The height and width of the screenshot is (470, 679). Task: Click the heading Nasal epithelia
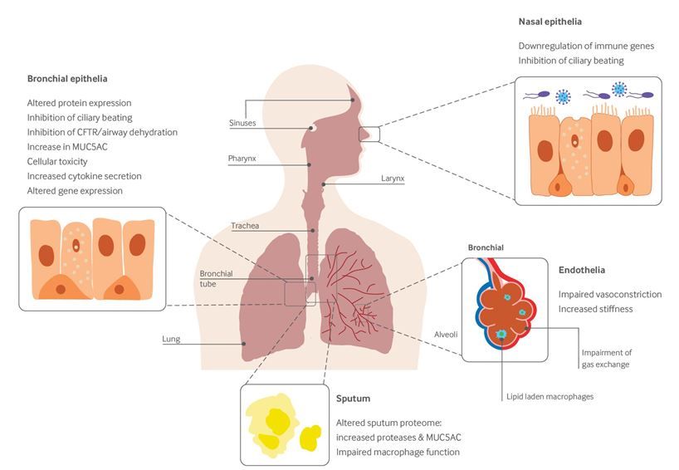point(550,22)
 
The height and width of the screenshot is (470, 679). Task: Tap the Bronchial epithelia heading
point(67,79)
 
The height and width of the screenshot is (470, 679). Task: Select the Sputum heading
point(353,399)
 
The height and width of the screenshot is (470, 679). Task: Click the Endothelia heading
point(582,270)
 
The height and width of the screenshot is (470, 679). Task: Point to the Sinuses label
point(242,123)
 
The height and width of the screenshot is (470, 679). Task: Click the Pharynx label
point(242,159)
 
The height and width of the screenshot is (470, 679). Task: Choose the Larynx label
point(393,179)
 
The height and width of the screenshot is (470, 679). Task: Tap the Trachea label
point(245,226)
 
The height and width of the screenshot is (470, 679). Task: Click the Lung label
point(171,339)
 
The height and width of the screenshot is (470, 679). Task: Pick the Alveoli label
point(446,335)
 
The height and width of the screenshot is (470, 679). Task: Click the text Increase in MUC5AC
point(67,147)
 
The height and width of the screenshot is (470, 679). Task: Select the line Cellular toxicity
point(57,162)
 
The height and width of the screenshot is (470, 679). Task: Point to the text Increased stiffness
point(595,309)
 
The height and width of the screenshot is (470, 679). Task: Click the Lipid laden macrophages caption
point(550,397)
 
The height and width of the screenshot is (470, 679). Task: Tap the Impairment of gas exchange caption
point(606,359)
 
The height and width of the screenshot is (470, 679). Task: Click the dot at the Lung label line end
point(244,344)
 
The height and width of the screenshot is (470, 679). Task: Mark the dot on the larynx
point(324,184)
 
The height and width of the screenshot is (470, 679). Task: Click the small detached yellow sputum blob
point(310,438)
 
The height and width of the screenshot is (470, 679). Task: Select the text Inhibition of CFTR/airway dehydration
point(102,133)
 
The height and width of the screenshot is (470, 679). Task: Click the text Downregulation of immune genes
point(586,46)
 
